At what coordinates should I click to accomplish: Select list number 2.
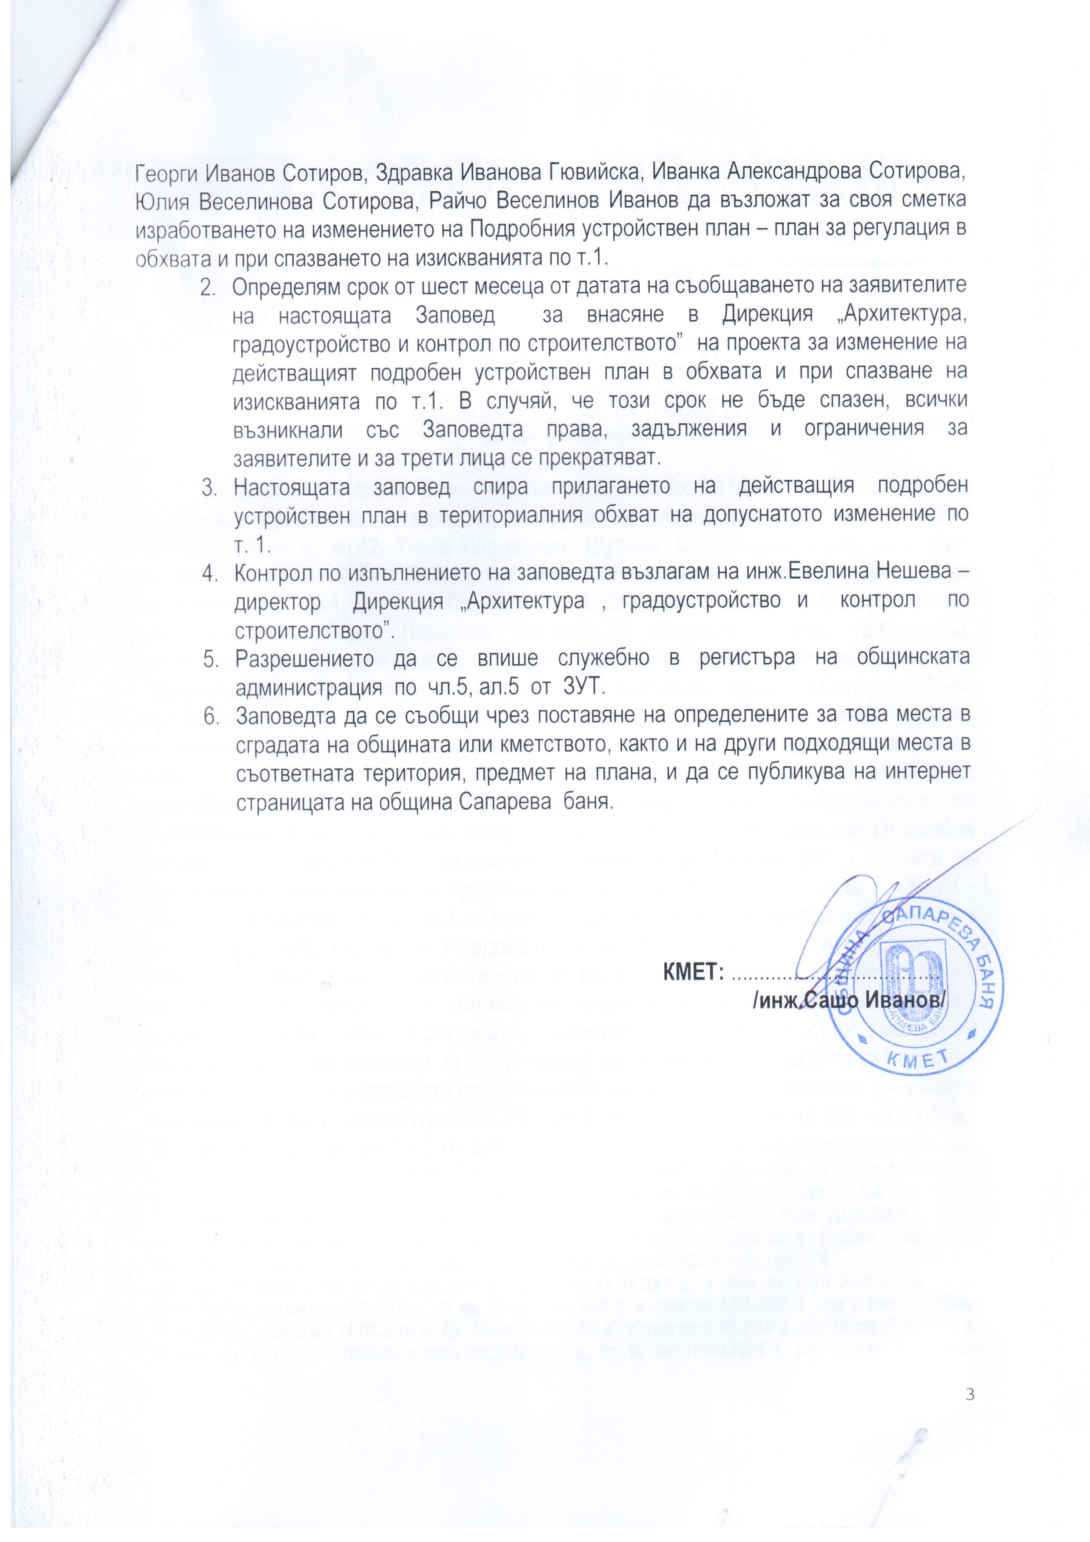coord(210,285)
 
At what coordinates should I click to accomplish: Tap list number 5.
coord(210,659)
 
